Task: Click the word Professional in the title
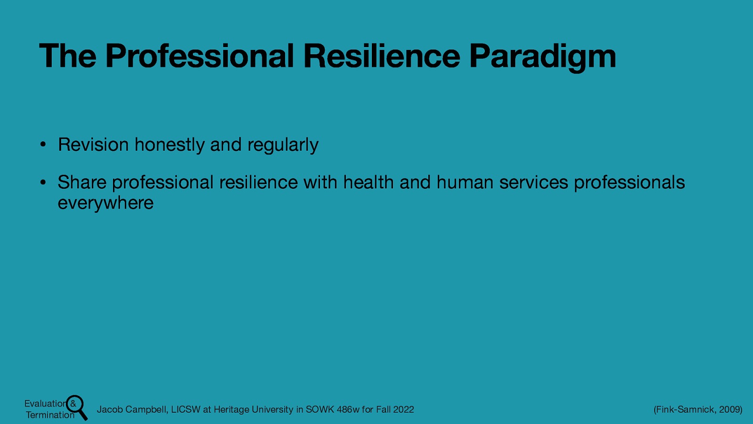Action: pyautogui.click(x=200, y=56)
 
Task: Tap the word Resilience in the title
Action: pyautogui.click(x=382, y=56)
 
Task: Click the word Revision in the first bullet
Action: pyautogui.click(x=93, y=145)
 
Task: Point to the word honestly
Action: pyautogui.click(x=169, y=145)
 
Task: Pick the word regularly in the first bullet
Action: pyautogui.click(x=283, y=145)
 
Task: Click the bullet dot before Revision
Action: pyautogui.click(x=42, y=145)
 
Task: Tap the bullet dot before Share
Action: pyautogui.click(x=42, y=182)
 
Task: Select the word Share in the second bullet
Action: pyautogui.click(x=82, y=182)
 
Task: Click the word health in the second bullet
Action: pyautogui.click(x=368, y=182)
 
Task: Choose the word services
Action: pyautogui.click(x=534, y=182)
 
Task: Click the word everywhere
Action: pyautogui.click(x=105, y=203)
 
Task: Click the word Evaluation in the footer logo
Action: pyautogui.click(x=45, y=404)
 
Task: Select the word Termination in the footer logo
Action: pyautogui.click(x=50, y=415)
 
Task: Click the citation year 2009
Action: pyautogui.click(x=730, y=409)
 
